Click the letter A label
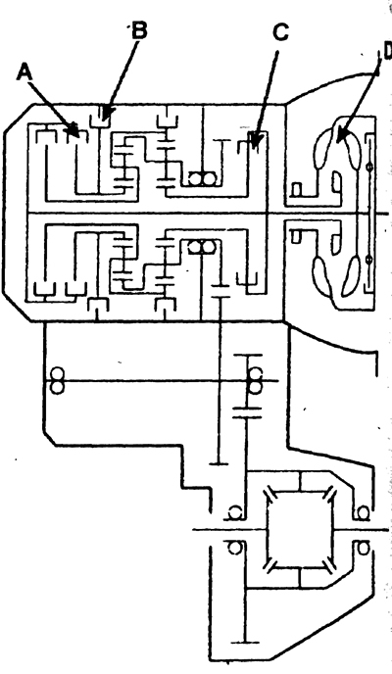click(24, 72)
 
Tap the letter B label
click(139, 30)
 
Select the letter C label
click(280, 32)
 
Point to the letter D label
click(387, 51)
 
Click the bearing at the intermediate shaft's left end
click(57, 380)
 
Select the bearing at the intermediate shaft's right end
click(256, 380)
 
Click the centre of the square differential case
click(300, 530)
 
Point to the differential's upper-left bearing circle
click(234, 512)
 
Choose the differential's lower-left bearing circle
click(234, 548)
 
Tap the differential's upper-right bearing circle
click(363, 512)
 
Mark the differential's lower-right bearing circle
click(363, 548)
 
